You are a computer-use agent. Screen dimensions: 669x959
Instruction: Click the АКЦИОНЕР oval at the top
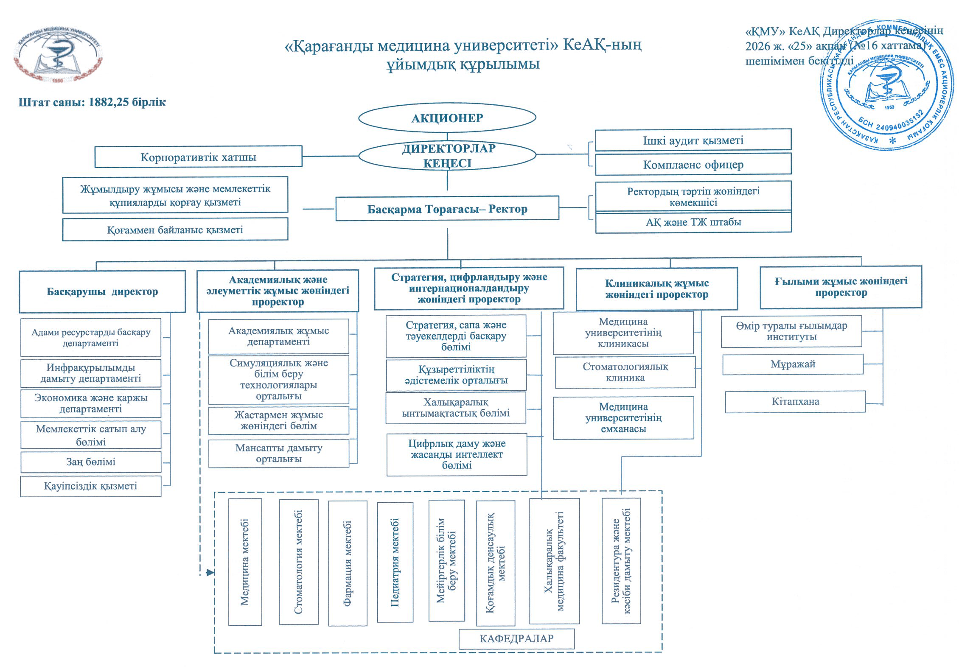click(447, 118)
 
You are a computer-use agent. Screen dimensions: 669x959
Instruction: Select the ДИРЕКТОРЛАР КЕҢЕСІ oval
click(447, 156)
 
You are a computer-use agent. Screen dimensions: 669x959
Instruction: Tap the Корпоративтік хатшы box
click(198, 157)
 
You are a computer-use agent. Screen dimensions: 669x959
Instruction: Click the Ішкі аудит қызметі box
click(693, 140)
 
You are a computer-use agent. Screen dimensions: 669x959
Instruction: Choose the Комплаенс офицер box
click(693, 164)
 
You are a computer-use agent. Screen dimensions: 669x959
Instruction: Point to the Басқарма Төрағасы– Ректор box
click(447, 209)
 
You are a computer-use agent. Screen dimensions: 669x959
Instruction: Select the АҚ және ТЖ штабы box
click(693, 222)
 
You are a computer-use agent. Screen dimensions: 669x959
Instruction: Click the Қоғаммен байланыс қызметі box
click(175, 230)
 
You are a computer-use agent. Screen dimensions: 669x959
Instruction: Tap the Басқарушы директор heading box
click(102, 292)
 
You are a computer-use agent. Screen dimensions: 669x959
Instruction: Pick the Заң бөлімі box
click(91, 462)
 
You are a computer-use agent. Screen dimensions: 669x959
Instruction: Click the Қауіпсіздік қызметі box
click(90, 486)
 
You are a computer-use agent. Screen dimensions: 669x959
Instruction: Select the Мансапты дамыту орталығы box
click(278, 453)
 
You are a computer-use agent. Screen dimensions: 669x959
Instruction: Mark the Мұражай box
click(792, 364)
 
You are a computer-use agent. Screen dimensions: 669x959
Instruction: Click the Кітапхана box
click(795, 402)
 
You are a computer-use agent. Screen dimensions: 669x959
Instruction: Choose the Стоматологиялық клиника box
click(625, 372)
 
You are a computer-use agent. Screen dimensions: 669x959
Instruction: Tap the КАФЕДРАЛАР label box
click(516, 639)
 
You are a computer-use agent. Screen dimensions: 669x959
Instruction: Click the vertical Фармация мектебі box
click(348, 563)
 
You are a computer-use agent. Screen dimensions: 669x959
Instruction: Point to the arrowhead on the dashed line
click(210, 573)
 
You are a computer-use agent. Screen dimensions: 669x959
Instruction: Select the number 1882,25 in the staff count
click(108, 102)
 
